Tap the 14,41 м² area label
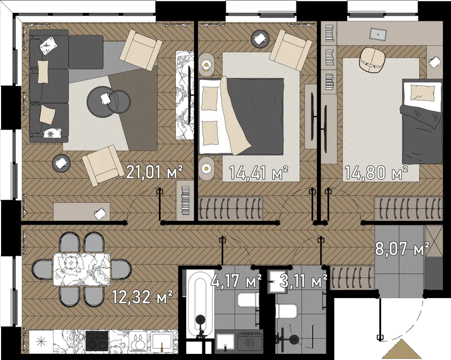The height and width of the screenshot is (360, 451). point(259,173)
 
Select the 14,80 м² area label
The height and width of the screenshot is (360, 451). point(376,173)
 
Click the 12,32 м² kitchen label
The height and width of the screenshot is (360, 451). point(142,297)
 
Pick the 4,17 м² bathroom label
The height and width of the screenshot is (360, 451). point(236,281)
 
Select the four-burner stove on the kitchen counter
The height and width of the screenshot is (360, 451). point(97,341)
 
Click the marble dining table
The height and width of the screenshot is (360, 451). point(82,269)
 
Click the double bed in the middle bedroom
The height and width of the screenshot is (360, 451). point(241,116)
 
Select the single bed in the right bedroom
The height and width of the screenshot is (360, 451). point(422,121)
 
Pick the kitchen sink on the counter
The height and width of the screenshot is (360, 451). point(161,341)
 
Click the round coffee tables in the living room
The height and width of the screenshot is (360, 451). point(108,101)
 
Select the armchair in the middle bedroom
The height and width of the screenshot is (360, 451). point(290,50)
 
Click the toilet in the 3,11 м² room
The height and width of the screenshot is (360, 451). point(286,312)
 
